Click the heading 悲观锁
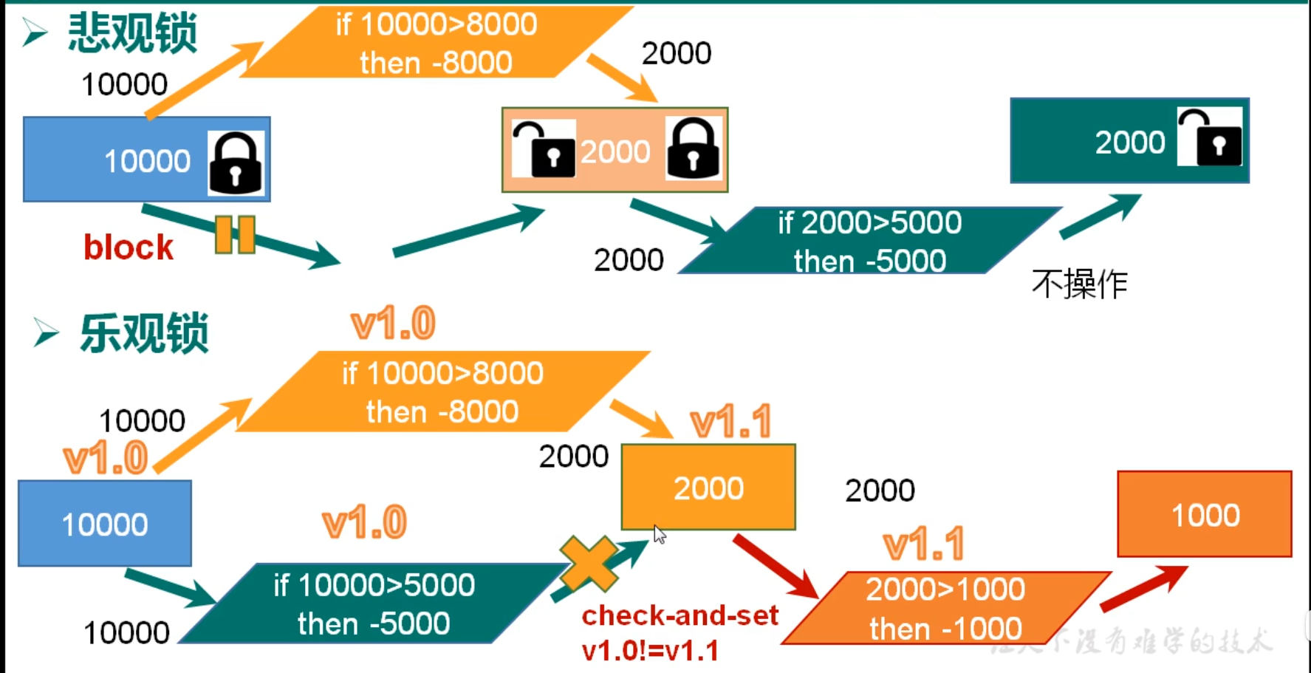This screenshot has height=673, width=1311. click(132, 33)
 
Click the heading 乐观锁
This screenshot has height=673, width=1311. click(144, 333)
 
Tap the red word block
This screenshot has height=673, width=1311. click(129, 247)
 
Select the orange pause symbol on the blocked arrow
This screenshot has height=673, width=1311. click(235, 235)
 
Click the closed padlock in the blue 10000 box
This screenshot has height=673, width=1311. click(236, 163)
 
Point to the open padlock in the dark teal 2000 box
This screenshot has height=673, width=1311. click(1209, 138)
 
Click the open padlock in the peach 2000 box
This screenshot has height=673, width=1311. click(544, 149)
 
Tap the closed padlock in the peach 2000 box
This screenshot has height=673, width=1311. click(693, 149)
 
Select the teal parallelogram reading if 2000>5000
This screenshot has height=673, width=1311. click(869, 241)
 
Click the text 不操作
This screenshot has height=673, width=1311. click(1079, 284)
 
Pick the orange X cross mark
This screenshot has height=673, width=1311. click(589, 564)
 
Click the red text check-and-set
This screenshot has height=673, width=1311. click(680, 615)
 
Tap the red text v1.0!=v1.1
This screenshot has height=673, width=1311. click(650, 651)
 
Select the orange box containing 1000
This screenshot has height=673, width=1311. click(1204, 514)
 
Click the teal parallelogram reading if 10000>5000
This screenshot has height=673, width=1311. click(373, 604)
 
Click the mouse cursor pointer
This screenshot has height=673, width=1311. click(659, 533)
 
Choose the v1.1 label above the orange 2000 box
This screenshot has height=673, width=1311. click(730, 423)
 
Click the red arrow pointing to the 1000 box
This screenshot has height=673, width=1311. click(1143, 589)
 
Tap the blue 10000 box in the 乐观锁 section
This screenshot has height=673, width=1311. click(105, 524)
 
